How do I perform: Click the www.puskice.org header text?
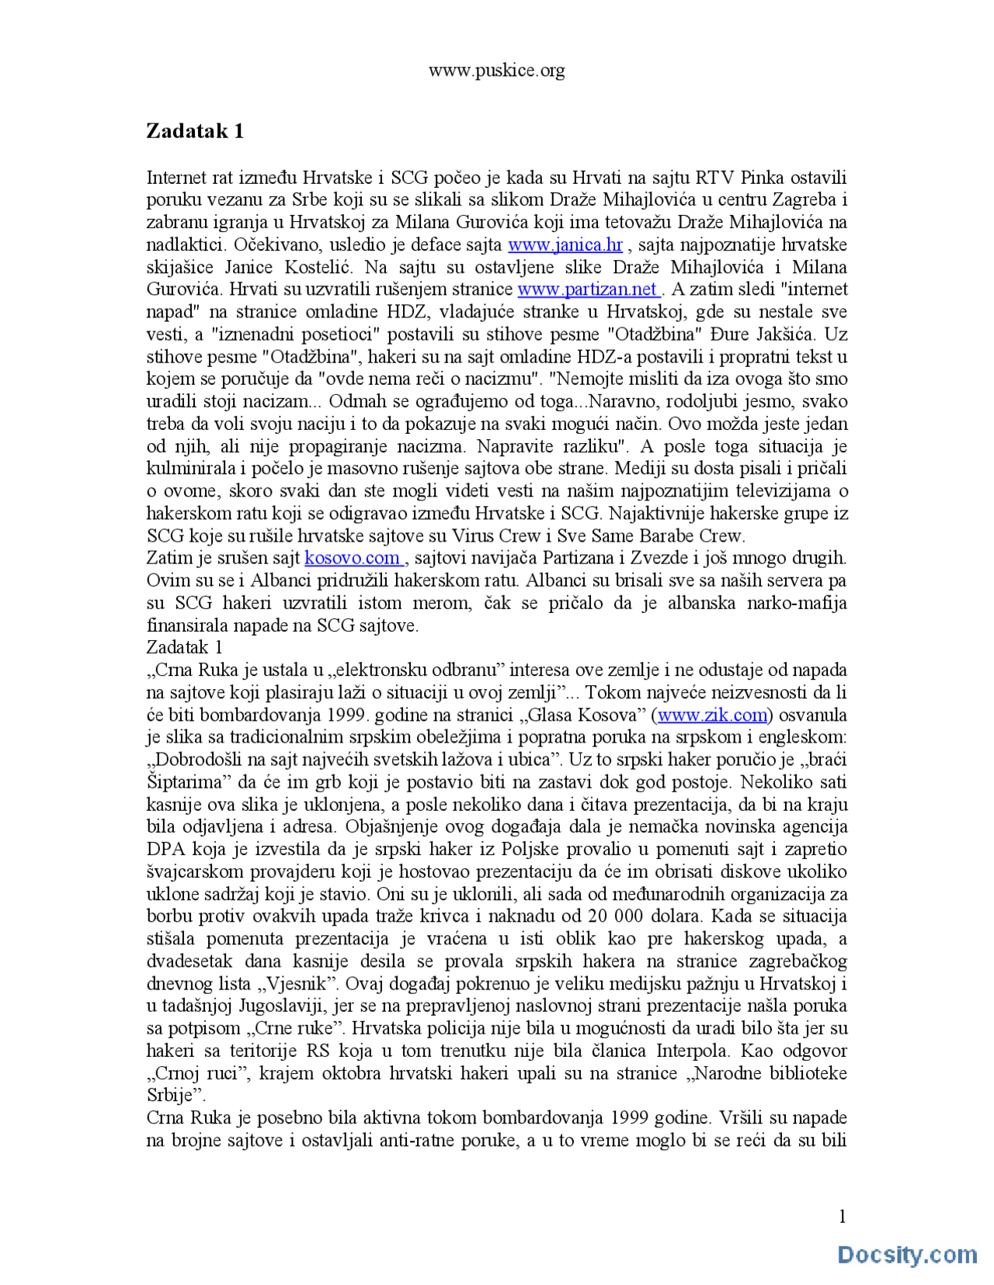point(496,71)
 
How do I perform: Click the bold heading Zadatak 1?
point(195,130)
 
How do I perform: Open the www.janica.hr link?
point(565,245)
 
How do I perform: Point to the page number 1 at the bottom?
point(843,1216)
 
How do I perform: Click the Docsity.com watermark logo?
point(907,1255)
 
